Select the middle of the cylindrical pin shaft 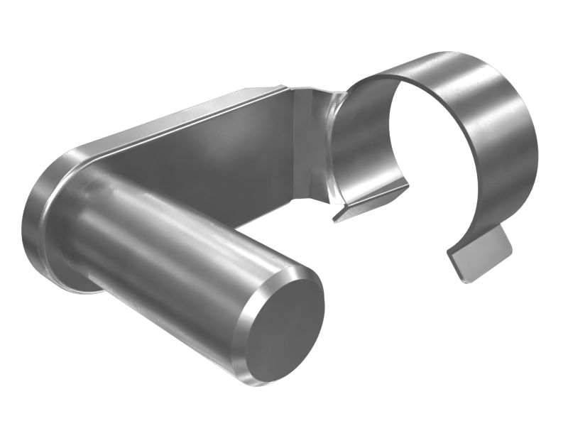pyautogui.click(x=177, y=248)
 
